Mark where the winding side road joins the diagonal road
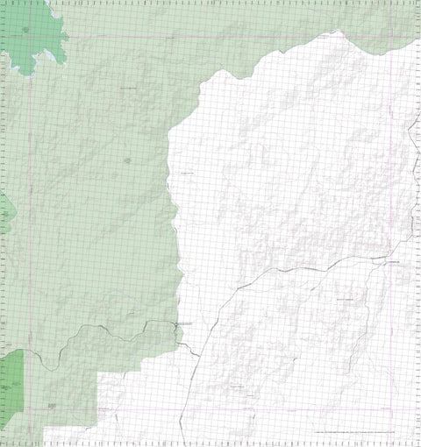[235, 289]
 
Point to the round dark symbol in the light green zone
[128, 160]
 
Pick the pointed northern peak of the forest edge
[335, 32]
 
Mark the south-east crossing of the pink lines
[391, 408]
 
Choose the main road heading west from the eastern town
[298, 267]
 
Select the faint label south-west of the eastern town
[347, 300]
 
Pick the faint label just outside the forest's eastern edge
[187, 174]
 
